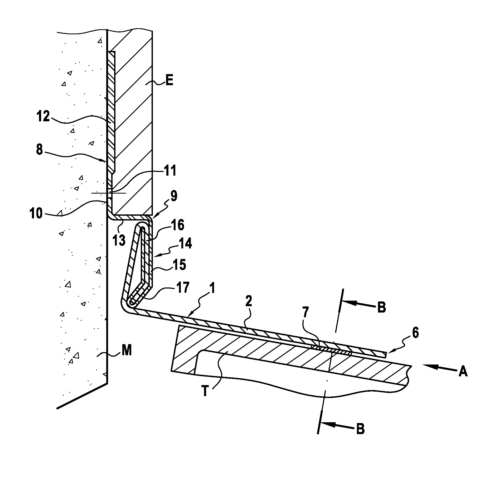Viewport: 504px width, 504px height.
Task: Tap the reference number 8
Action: (x=40, y=150)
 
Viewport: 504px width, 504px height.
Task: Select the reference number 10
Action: (x=36, y=213)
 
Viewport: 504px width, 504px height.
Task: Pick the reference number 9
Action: (x=173, y=196)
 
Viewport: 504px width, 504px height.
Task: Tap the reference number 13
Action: (x=119, y=241)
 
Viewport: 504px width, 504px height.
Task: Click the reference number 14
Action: (x=185, y=244)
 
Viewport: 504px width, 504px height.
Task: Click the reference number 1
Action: (x=213, y=289)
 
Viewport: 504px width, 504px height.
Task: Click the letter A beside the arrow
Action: (x=463, y=372)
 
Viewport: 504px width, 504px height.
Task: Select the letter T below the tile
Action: (x=205, y=391)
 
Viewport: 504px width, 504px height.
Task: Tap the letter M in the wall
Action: (x=127, y=351)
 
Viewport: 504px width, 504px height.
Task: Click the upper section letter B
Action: (x=382, y=307)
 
